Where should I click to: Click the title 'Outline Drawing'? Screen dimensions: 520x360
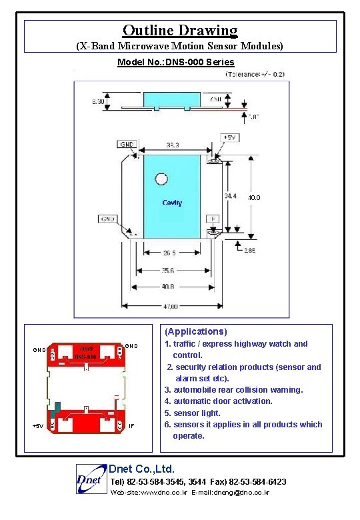click(x=180, y=30)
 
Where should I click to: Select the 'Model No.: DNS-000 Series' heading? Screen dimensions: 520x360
click(x=175, y=62)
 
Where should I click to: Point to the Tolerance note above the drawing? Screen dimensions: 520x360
click(x=255, y=74)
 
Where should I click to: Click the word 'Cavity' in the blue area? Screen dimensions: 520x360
click(x=172, y=203)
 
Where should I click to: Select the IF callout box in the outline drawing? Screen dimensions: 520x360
click(x=212, y=218)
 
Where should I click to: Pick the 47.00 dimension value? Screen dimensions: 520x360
click(x=171, y=306)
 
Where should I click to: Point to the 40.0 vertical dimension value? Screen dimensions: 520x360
click(x=254, y=198)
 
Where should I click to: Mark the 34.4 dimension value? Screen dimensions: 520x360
click(x=230, y=196)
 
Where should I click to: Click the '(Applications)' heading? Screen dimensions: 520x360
click(x=196, y=331)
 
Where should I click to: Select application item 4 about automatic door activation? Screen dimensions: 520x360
click(x=219, y=401)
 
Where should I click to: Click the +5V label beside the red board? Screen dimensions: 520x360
click(x=39, y=425)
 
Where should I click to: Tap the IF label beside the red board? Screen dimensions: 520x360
click(x=131, y=425)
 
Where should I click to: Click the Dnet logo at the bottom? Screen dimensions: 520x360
click(x=89, y=479)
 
